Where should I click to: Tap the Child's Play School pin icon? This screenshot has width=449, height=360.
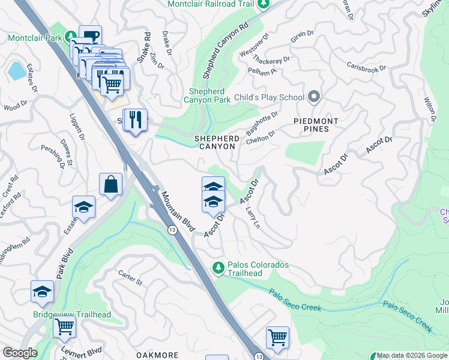point(313,97)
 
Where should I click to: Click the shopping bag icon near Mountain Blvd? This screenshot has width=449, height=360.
point(112,186)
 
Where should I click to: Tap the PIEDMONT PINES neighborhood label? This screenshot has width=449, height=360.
point(316,125)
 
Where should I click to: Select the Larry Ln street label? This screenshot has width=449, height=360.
point(253,217)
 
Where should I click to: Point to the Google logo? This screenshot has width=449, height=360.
point(20,353)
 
